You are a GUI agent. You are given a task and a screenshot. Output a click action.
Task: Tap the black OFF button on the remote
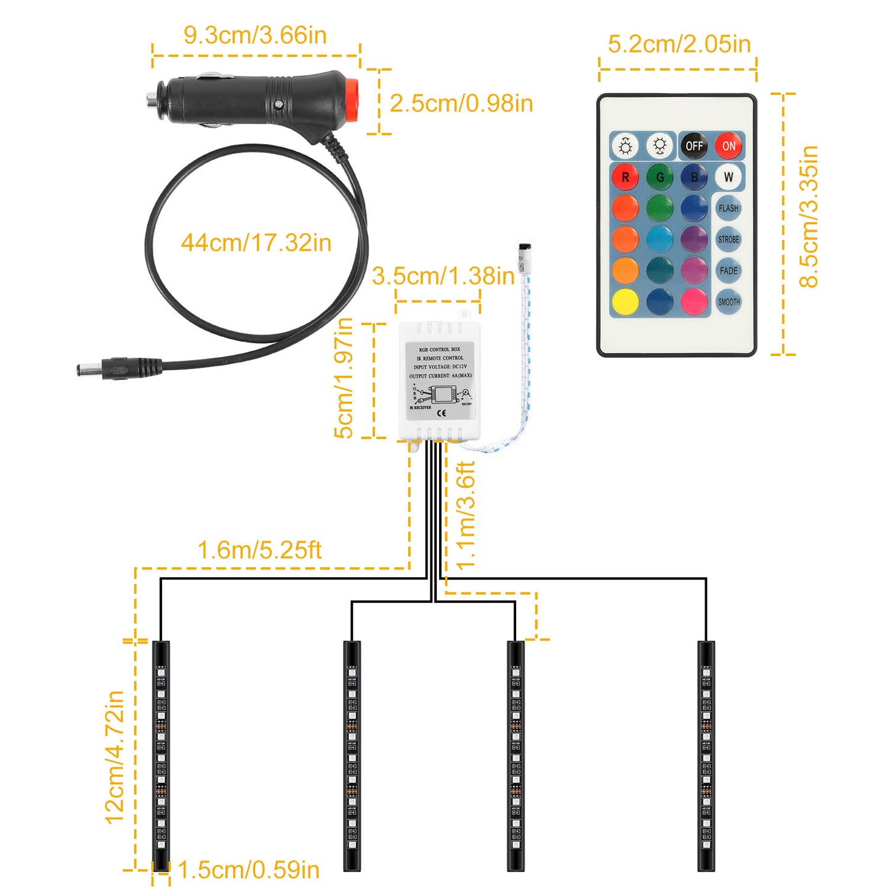pos(694,146)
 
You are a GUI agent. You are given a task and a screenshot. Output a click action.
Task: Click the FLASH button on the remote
pos(728,208)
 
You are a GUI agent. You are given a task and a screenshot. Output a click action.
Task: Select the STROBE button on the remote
pos(728,240)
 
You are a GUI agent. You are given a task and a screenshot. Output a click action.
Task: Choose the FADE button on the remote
pos(728,270)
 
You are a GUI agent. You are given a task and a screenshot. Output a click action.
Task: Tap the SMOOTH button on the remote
pos(728,302)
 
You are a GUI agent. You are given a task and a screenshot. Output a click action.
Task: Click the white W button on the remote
pos(728,177)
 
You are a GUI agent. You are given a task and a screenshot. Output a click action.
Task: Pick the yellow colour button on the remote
pos(625,302)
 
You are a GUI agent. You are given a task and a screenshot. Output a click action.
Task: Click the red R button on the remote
pos(625,177)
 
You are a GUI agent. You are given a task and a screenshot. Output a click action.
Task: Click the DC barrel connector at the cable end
pos(92,370)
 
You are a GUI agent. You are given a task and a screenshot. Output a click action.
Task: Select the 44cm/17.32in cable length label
pos(256,243)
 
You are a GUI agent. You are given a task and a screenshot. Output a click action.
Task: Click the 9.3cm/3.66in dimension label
pos(255,35)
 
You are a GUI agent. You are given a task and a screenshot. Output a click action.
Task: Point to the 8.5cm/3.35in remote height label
pos(809,217)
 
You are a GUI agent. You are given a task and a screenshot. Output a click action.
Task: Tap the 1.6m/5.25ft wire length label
pos(259,550)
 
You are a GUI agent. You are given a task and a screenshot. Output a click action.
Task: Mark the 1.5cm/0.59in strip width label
pos(248,870)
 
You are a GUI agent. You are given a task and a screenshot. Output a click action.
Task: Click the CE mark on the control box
pos(441,413)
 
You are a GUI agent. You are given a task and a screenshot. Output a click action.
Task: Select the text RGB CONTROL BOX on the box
pos(440,349)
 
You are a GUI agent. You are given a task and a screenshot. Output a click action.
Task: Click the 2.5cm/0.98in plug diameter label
pos(461,103)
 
